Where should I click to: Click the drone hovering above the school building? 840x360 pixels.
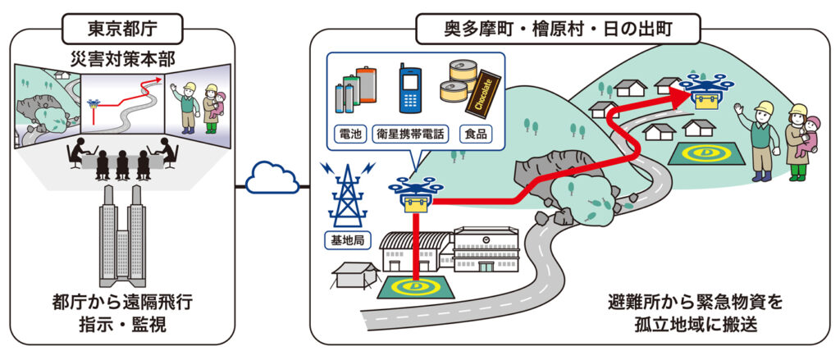(x=416, y=192)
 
